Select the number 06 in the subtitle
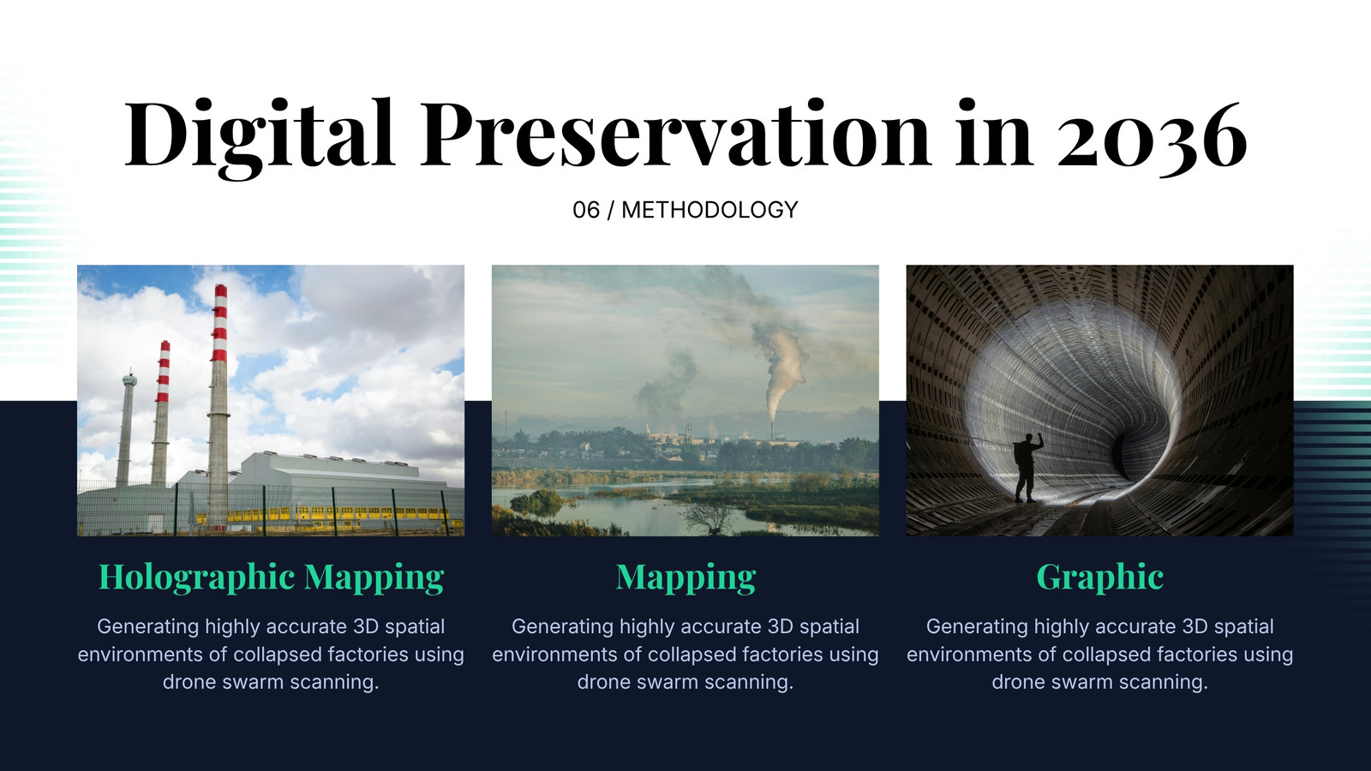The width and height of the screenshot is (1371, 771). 586,210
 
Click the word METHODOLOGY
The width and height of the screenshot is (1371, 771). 709,210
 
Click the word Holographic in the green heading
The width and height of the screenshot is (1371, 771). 196,577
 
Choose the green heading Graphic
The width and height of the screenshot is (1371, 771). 1100,577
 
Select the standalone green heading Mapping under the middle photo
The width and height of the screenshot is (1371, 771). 685,578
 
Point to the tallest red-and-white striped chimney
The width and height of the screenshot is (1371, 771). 219,403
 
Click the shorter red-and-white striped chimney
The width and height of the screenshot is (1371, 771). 161,413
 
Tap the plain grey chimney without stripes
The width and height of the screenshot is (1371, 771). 127,428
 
